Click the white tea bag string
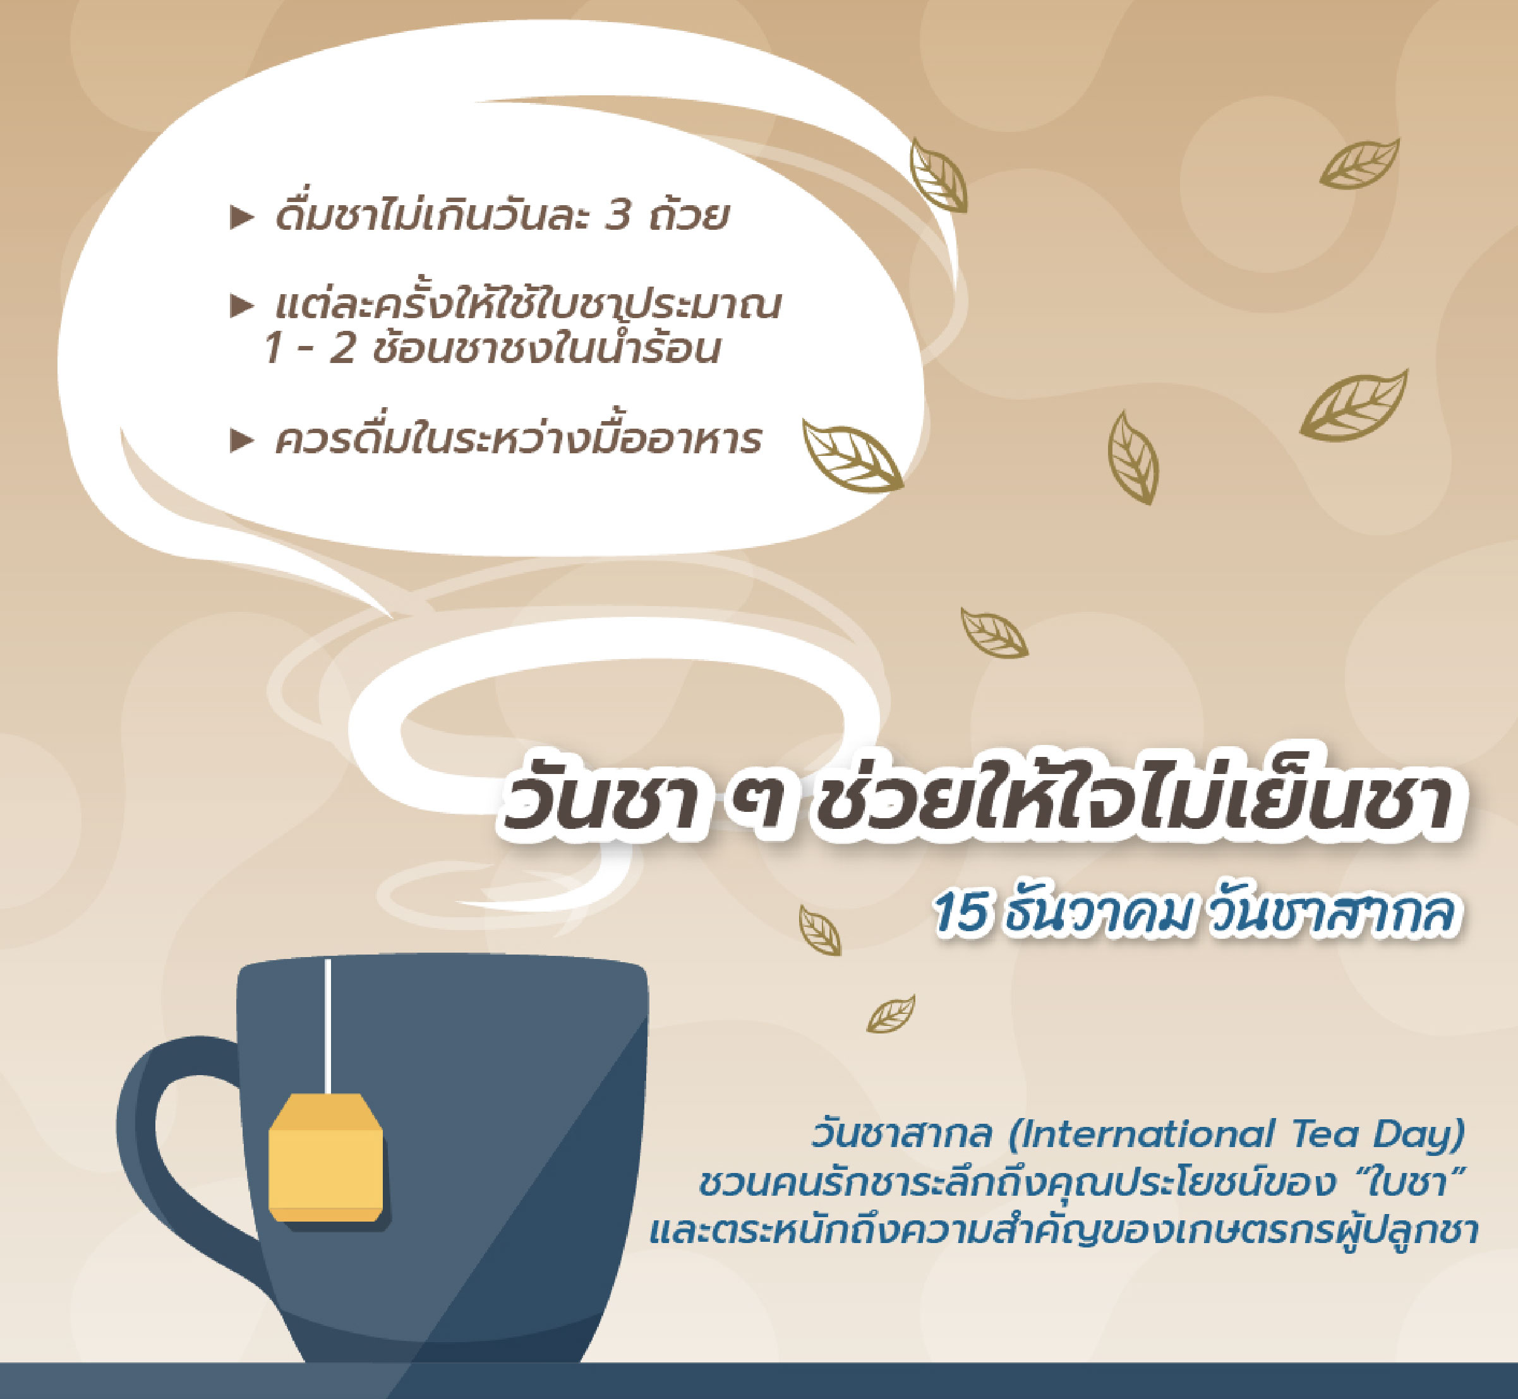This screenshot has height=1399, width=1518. click(x=328, y=1027)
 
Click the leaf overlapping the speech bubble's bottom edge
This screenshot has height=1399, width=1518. click(x=853, y=457)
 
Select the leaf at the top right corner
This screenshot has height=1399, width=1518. click(x=1359, y=164)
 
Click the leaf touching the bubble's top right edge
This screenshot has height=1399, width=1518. click(x=937, y=176)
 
